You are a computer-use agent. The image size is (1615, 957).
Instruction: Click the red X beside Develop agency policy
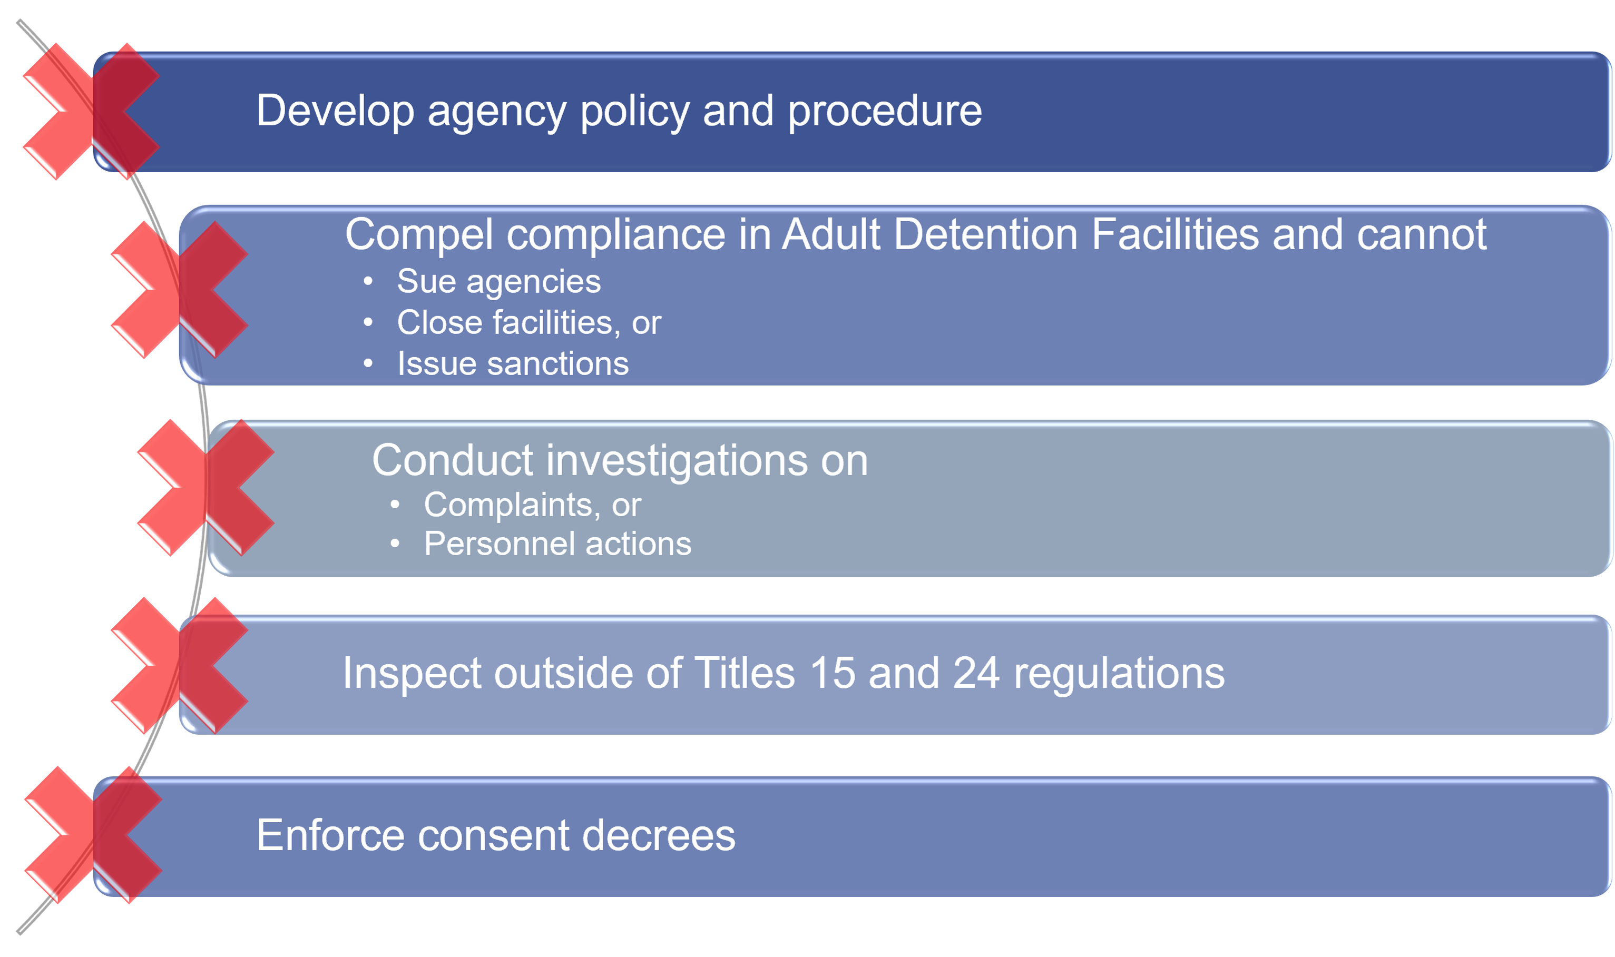(91, 111)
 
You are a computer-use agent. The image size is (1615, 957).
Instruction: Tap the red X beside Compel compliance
(179, 290)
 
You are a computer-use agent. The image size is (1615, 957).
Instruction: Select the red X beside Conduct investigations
(205, 488)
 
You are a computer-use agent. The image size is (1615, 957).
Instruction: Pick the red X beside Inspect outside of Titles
(179, 666)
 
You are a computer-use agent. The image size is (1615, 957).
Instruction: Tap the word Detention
(985, 233)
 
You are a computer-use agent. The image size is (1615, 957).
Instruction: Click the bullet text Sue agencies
(498, 282)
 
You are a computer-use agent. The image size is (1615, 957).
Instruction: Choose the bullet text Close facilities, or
(529, 322)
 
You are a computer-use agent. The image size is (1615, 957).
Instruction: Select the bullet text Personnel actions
(557, 544)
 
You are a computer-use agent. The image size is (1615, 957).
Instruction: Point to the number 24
(976, 673)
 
